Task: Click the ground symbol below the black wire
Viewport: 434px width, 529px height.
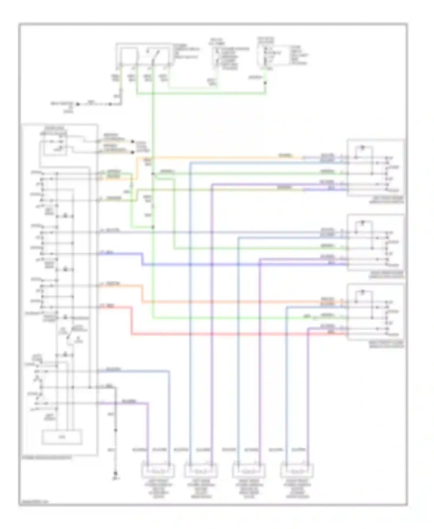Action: point(115,474)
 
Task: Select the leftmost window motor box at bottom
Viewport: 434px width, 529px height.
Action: point(158,471)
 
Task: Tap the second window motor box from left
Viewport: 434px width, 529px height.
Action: point(201,471)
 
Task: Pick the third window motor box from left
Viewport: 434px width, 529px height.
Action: point(249,471)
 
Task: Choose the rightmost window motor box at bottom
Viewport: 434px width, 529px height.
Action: point(297,471)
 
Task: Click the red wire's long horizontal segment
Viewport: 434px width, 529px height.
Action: point(231,335)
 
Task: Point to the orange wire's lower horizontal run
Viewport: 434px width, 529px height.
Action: point(231,302)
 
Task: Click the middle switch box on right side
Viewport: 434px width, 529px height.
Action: point(376,243)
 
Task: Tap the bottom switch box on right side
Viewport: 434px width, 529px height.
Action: point(376,312)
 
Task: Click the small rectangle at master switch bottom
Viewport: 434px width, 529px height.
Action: point(62,437)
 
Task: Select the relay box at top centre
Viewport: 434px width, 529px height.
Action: point(142,55)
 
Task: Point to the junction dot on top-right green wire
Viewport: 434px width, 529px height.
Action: point(265,83)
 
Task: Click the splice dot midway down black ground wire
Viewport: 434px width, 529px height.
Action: point(115,430)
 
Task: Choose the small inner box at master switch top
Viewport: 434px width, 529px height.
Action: point(54,144)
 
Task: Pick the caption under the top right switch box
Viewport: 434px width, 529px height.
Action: point(386,200)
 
